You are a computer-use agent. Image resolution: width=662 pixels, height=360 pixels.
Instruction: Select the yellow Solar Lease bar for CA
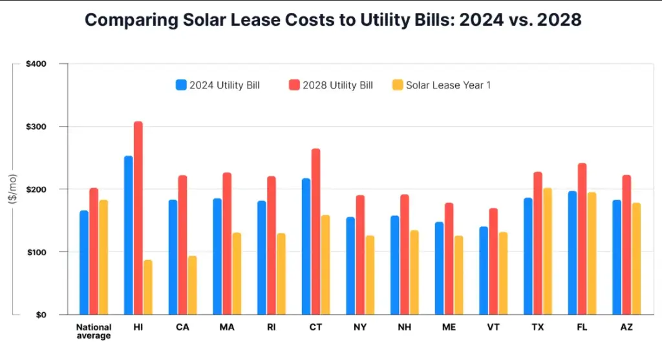coord(192,285)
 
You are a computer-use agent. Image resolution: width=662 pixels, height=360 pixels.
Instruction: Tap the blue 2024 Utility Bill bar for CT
coord(306,246)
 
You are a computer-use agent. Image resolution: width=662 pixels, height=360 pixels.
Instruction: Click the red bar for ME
coord(449,259)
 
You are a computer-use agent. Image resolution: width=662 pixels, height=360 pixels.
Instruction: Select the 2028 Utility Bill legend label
coord(337,85)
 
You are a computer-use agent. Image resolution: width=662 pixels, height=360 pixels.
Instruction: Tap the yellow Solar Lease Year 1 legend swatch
coord(398,85)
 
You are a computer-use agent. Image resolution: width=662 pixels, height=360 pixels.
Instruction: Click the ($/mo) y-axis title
coord(12,189)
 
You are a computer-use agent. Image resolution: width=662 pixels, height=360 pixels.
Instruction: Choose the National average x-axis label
coord(94,331)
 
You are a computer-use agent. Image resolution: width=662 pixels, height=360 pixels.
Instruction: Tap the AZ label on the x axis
coord(626,328)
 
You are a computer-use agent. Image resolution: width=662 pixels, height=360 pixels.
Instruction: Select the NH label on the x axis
coord(404,328)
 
